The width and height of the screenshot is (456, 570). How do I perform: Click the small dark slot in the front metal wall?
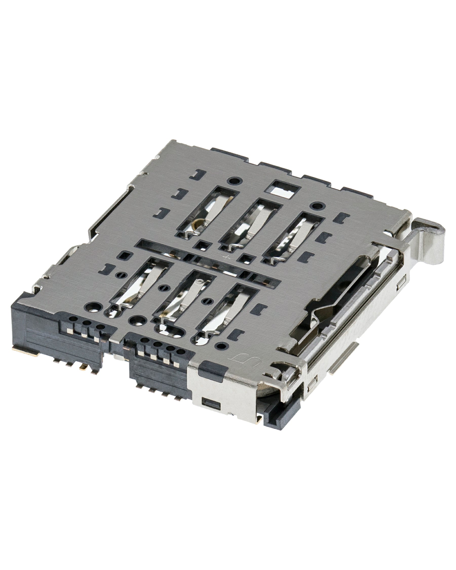(211, 410)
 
